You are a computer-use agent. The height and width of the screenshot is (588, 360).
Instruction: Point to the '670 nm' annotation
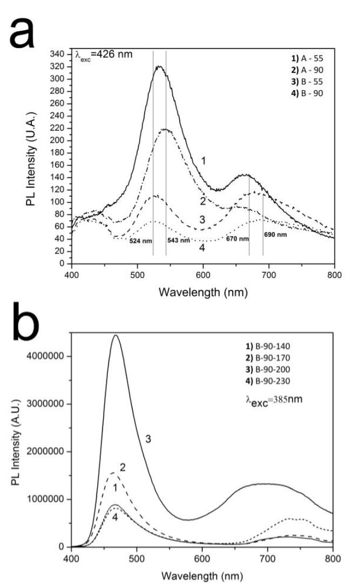tap(237, 239)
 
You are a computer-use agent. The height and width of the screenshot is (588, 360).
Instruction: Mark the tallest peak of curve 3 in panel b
tap(116, 335)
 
